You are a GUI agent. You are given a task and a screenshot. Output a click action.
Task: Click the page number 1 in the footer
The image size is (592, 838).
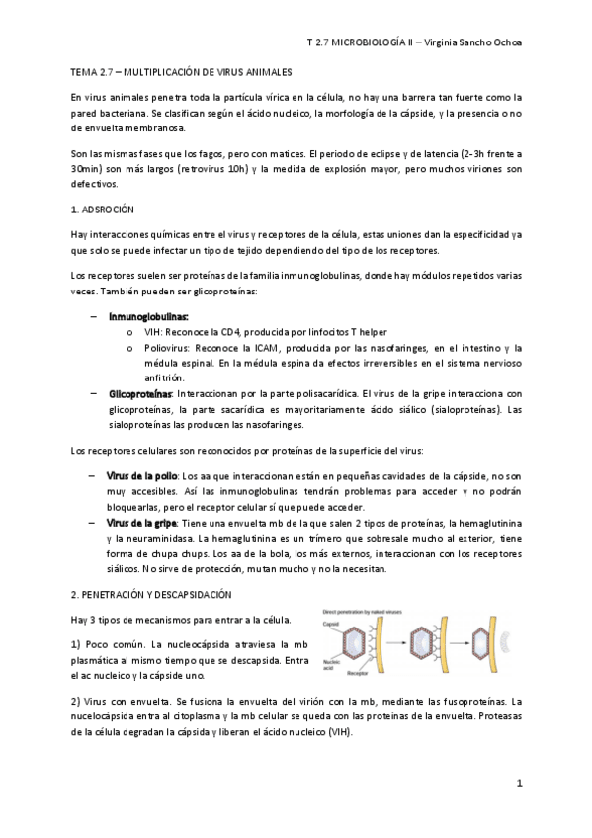click(x=519, y=783)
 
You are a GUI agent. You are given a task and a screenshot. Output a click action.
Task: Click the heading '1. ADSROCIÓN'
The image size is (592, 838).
click(x=103, y=210)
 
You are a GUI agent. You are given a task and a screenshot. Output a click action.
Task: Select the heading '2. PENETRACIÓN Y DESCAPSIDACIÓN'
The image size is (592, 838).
click(x=151, y=595)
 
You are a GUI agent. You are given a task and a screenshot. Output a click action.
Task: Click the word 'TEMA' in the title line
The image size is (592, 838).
click(x=86, y=73)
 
